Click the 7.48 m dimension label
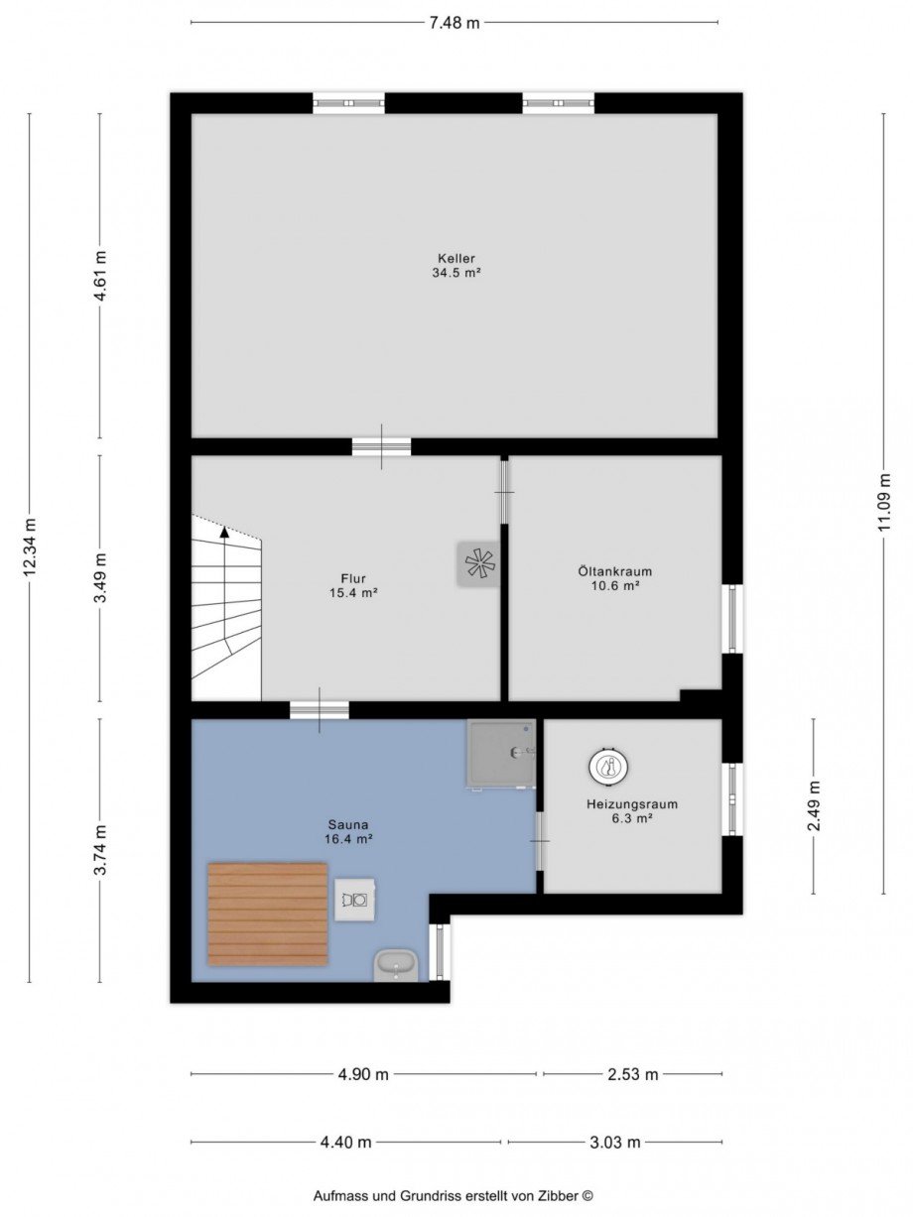(x=455, y=23)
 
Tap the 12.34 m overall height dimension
(x=30, y=548)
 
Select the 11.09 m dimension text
(x=883, y=502)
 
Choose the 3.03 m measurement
(x=615, y=1142)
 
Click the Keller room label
(x=456, y=258)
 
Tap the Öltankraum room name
(x=614, y=570)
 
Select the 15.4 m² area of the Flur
(x=353, y=593)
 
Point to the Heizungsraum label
(x=632, y=804)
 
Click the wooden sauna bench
(x=268, y=913)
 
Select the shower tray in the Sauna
(x=501, y=753)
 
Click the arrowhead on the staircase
(x=224, y=533)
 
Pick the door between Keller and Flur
(x=382, y=446)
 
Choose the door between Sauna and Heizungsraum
(x=539, y=840)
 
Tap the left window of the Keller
(x=349, y=104)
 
